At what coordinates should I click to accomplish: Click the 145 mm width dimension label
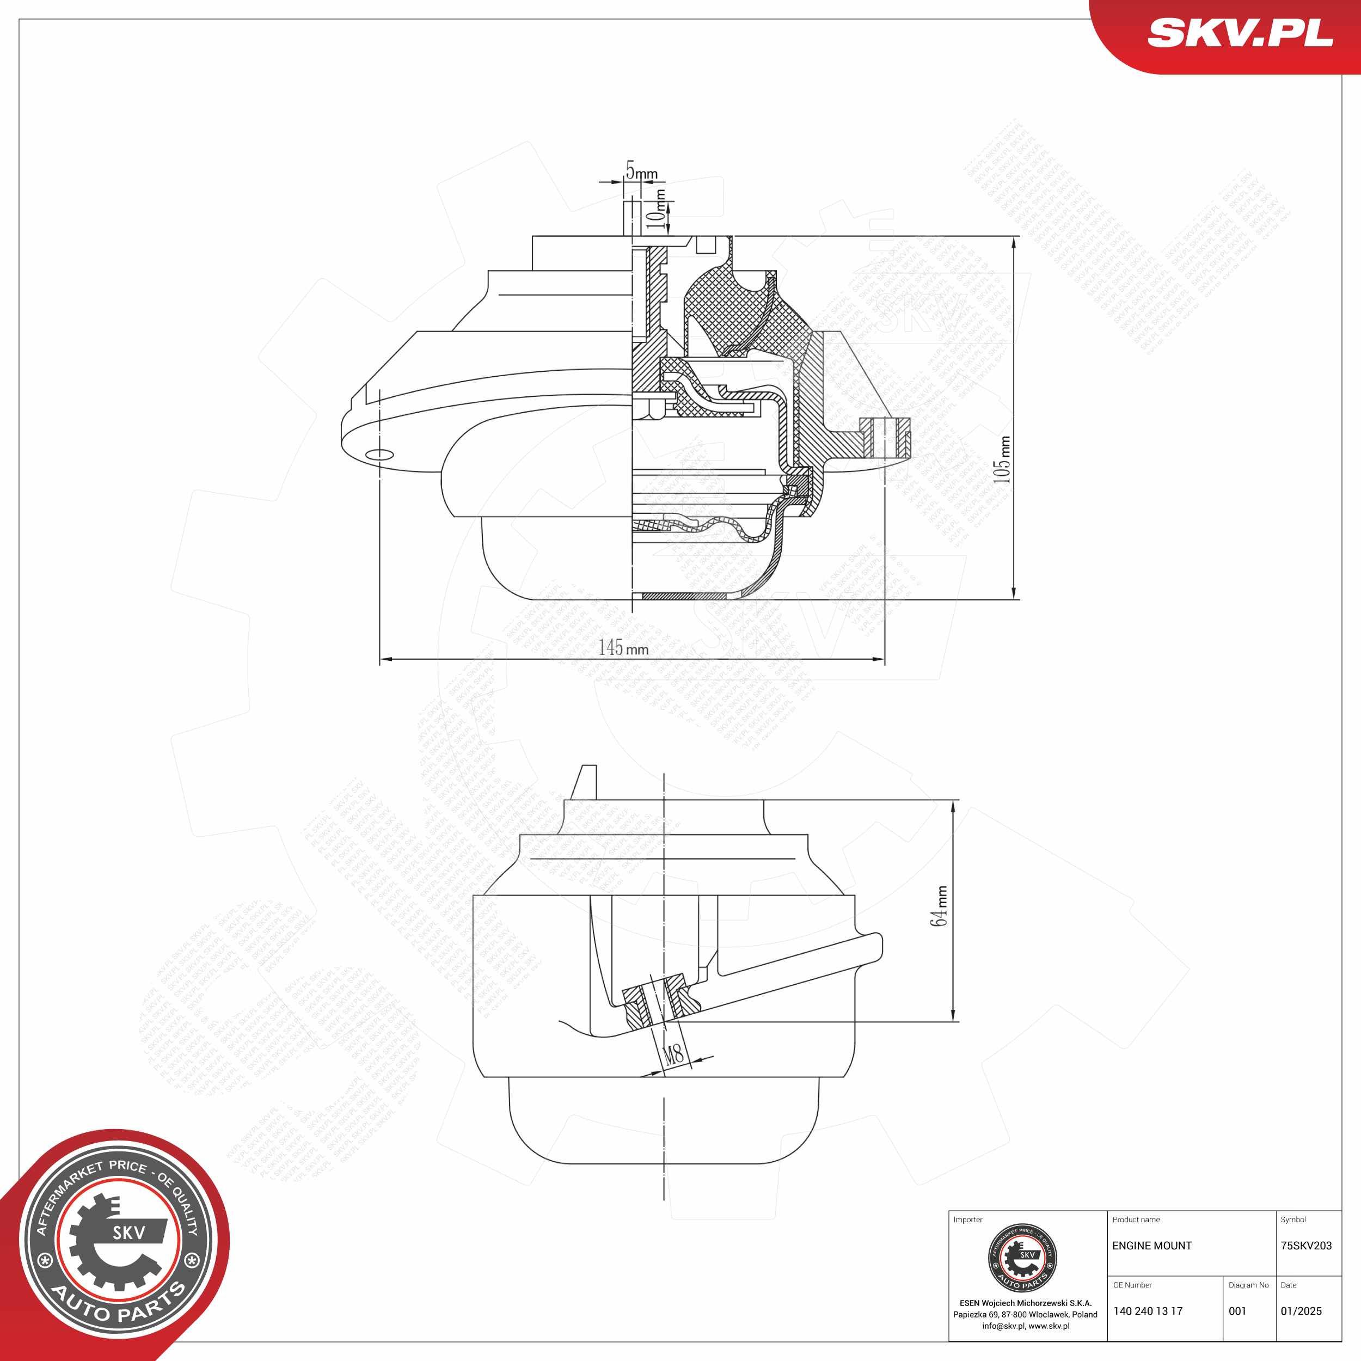point(623,647)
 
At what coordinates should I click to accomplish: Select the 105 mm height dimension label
point(1002,459)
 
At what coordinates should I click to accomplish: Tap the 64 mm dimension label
point(939,906)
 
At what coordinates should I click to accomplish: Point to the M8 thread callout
point(674,1054)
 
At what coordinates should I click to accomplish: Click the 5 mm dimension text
point(641,171)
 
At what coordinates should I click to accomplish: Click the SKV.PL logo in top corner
point(1240,33)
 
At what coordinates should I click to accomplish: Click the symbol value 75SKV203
point(1306,1246)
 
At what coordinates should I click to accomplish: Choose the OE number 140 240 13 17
point(1148,1311)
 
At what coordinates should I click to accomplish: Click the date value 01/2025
point(1301,1311)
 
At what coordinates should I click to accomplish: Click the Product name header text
point(1136,1219)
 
